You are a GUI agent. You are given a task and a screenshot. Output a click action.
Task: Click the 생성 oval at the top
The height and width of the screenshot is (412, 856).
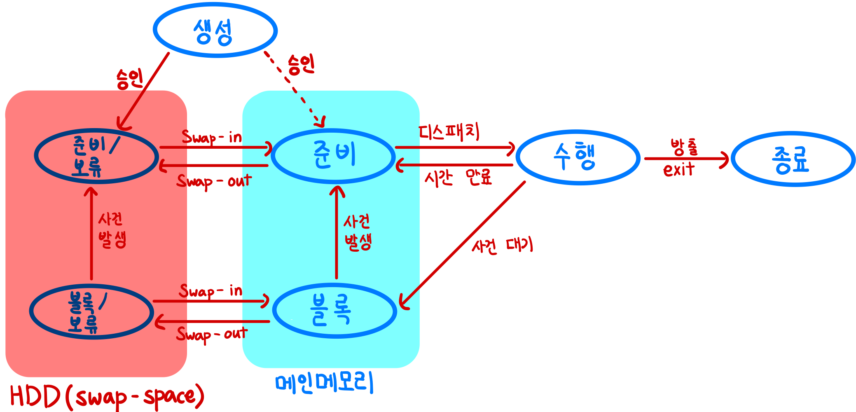coord(215,30)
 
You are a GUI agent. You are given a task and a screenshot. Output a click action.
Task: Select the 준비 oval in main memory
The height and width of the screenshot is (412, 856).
coord(333,156)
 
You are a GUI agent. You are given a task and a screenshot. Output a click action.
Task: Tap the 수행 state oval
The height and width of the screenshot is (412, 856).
coord(578,157)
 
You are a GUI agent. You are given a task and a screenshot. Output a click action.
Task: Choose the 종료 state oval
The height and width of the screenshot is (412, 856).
coord(792,159)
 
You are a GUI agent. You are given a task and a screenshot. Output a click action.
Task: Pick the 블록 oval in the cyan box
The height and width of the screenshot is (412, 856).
coord(334,311)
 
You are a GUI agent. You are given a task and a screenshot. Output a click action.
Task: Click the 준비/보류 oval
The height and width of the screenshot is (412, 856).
coord(96,156)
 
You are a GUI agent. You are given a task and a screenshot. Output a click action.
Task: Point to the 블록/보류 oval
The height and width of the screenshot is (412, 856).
coord(91,311)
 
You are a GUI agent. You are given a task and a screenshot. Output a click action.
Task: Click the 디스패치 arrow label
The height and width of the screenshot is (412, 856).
coord(449,132)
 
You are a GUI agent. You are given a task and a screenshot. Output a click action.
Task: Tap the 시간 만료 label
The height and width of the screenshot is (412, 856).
coord(458,178)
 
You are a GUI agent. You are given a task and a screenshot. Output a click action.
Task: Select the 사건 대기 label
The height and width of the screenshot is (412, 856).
coord(502,246)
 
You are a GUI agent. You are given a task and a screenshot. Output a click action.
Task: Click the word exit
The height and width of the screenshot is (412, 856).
coord(678,169)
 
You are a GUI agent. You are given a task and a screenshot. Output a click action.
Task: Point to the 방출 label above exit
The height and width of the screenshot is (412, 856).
coord(684,147)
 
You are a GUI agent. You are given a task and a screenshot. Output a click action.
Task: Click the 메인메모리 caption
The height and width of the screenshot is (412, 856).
coord(324,383)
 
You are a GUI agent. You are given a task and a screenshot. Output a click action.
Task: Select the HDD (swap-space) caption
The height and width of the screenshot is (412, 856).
coord(107,396)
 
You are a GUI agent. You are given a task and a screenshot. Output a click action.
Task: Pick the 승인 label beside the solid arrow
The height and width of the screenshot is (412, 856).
coord(129,79)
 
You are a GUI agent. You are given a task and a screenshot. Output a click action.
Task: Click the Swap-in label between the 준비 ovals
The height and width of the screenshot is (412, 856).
coord(212,137)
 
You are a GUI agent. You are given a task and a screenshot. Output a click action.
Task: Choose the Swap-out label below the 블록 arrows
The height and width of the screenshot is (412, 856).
coord(212,334)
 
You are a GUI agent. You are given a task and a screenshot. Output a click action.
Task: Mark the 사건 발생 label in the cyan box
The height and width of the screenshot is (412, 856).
coord(358,232)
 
